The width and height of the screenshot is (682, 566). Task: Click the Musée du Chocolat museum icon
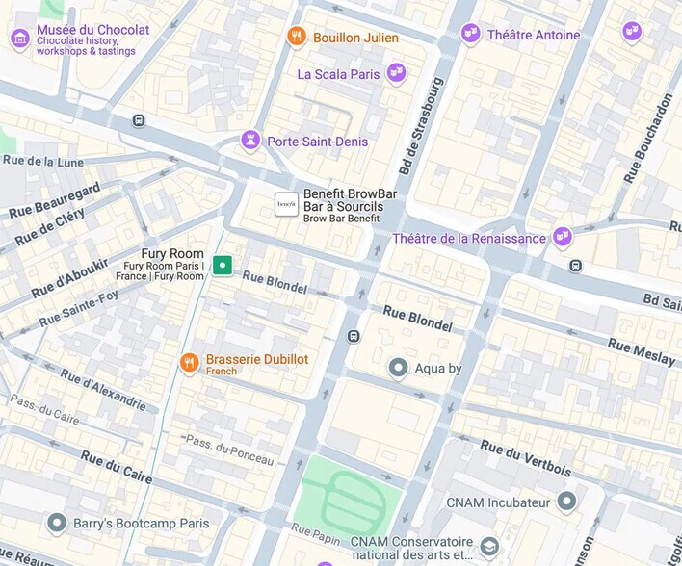[20, 39]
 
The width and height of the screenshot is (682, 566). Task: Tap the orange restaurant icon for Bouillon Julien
[297, 38]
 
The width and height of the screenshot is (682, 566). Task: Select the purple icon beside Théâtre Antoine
[470, 35]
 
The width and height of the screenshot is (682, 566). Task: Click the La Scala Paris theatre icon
[395, 73]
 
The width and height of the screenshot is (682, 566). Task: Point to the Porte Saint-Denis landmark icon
[250, 141]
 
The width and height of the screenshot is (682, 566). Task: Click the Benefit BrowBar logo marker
[286, 204]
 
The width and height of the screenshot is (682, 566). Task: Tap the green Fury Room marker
[223, 265]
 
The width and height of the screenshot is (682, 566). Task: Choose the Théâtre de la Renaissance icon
[562, 237]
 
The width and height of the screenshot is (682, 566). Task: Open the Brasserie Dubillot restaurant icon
[190, 363]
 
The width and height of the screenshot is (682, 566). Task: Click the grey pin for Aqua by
[398, 368]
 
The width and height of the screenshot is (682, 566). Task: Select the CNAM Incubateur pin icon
[566, 502]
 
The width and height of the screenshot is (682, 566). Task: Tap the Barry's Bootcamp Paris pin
[57, 523]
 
